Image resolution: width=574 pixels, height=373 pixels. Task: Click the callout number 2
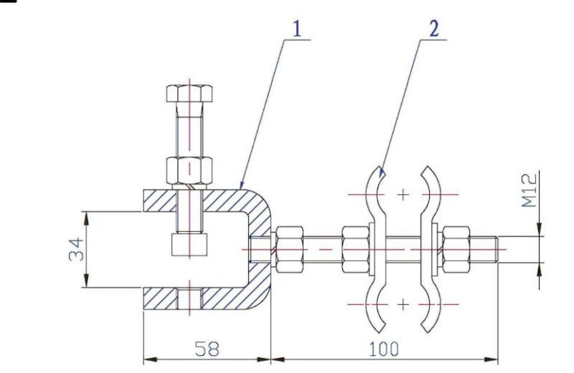coord(434,29)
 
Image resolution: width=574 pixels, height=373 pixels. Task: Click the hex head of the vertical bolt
coord(189,95)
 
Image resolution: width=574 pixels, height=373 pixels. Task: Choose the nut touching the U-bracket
coord(288,244)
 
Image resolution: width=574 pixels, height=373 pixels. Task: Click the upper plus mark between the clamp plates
coord(404,194)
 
